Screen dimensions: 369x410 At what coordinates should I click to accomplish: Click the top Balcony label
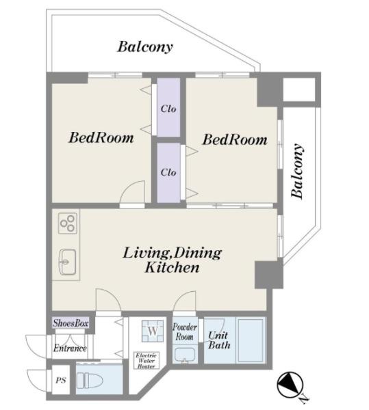pyautogui.click(x=145, y=47)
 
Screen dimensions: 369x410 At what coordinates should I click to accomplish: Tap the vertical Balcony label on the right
pyautogui.click(x=298, y=171)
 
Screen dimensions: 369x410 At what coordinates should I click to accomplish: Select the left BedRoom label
pyautogui.click(x=101, y=137)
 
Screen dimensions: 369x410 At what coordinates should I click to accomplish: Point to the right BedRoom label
pyautogui.click(x=235, y=139)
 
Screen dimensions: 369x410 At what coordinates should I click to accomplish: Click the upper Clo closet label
pyautogui.click(x=168, y=109)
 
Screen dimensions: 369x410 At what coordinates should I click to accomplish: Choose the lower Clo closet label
pyautogui.click(x=168, y=172)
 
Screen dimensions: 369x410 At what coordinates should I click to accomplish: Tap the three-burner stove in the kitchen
pyautogui.click(x=68, y=223)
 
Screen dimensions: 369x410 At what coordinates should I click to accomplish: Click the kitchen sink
pyautogui.click(x=68, y=262)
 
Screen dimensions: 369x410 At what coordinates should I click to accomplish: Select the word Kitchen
pyautogui.click(x=172, y=267)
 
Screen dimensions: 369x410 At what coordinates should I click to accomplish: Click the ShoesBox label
pyautogui.click(x=71, y=323)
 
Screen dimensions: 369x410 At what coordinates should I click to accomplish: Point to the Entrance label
pyautogui.click(x=70, y=348)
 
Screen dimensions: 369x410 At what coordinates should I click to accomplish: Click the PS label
pyautogui.click(x=61, y=380)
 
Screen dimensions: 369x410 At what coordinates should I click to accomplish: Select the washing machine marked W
pyautogui.click(x=153, y=331)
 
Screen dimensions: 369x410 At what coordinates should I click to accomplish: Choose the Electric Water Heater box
pyautogui.click(x=147, y=360)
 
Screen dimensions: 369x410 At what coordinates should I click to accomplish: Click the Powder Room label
pyautogui.click(x=185, y=331)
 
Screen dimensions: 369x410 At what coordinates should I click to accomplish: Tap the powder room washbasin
pyautogui.click(x=185, y=355)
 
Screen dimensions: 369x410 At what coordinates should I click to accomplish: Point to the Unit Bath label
pyautogui.click(x=219, y=340)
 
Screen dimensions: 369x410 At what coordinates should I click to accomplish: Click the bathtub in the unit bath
pyautogui.click(x=250, y=340)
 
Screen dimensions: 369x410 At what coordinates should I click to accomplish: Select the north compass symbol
pyautogui.click(x=290, y=384)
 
